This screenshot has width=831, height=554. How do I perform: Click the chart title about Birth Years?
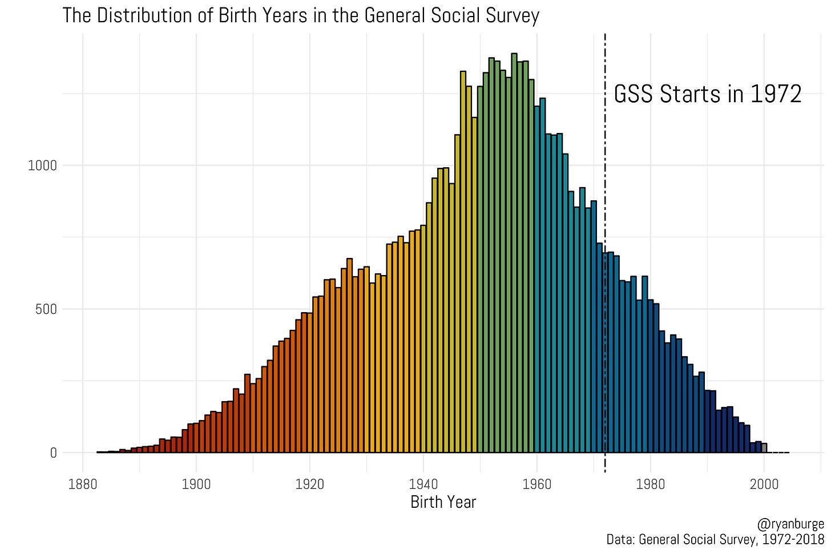300,15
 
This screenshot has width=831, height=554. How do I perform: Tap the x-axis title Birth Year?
443,502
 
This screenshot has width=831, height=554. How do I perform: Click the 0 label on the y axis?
54,453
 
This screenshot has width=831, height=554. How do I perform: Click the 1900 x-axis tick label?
196,485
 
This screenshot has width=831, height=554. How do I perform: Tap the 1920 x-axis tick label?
310,485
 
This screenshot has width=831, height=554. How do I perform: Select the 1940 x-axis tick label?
423,485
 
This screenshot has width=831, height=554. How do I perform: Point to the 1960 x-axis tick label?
537,485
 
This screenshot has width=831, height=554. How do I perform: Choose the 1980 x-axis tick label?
651,485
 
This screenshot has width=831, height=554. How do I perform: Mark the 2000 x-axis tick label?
764,485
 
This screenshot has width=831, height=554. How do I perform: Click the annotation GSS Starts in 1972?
707,94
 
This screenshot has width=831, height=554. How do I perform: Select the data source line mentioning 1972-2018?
715,539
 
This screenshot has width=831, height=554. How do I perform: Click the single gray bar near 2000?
764,448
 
